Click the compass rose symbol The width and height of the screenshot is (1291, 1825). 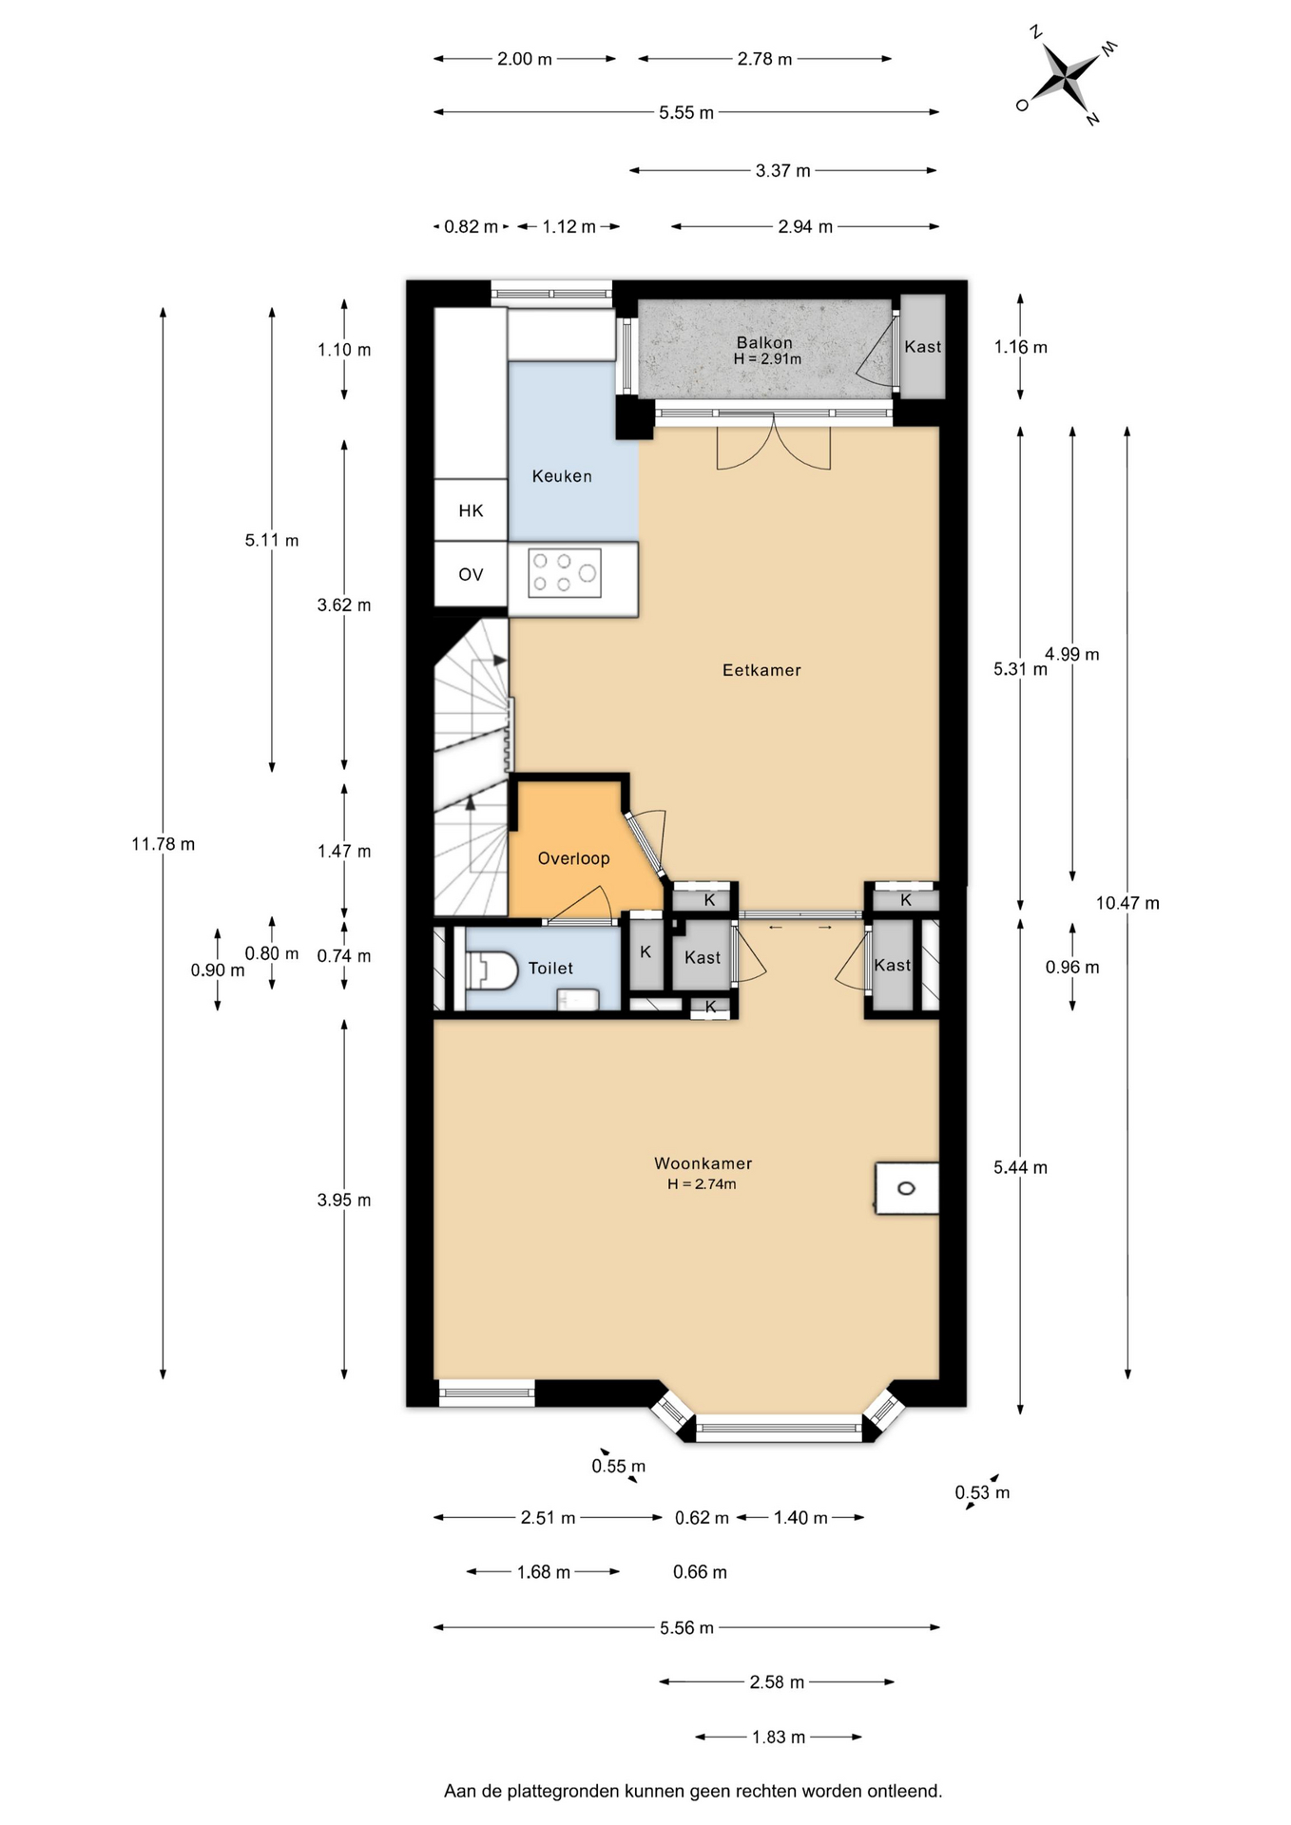click(1066, 76)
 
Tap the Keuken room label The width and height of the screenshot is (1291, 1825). click(562, 476)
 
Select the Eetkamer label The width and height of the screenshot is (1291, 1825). click(761, 670)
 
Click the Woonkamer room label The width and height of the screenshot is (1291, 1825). click(703, 1163)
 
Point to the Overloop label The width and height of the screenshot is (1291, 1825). click(573, 858)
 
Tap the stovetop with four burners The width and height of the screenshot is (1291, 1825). click(565, 573)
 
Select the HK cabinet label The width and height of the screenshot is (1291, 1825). click(471, 511)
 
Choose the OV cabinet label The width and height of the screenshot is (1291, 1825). click(471, 575)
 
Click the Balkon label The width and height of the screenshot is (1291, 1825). click(764, 342)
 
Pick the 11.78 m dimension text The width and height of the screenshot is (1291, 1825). click(164, 844)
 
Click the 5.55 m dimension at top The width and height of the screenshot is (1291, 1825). click(686, 113)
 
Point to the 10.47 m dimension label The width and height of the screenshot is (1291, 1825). click(1127, 903)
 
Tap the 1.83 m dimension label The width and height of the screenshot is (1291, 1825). click(779, 1738)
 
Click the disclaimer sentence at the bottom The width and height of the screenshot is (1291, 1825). click(693, 1792)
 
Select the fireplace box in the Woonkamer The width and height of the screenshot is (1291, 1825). click(907, 1188)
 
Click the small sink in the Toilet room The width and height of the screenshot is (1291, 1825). click(578, 999)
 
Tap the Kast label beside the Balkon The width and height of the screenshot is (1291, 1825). click(922, 347)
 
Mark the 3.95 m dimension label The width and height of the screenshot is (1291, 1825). click(344, 1201)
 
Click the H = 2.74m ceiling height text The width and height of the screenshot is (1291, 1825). click(702, 1184)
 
